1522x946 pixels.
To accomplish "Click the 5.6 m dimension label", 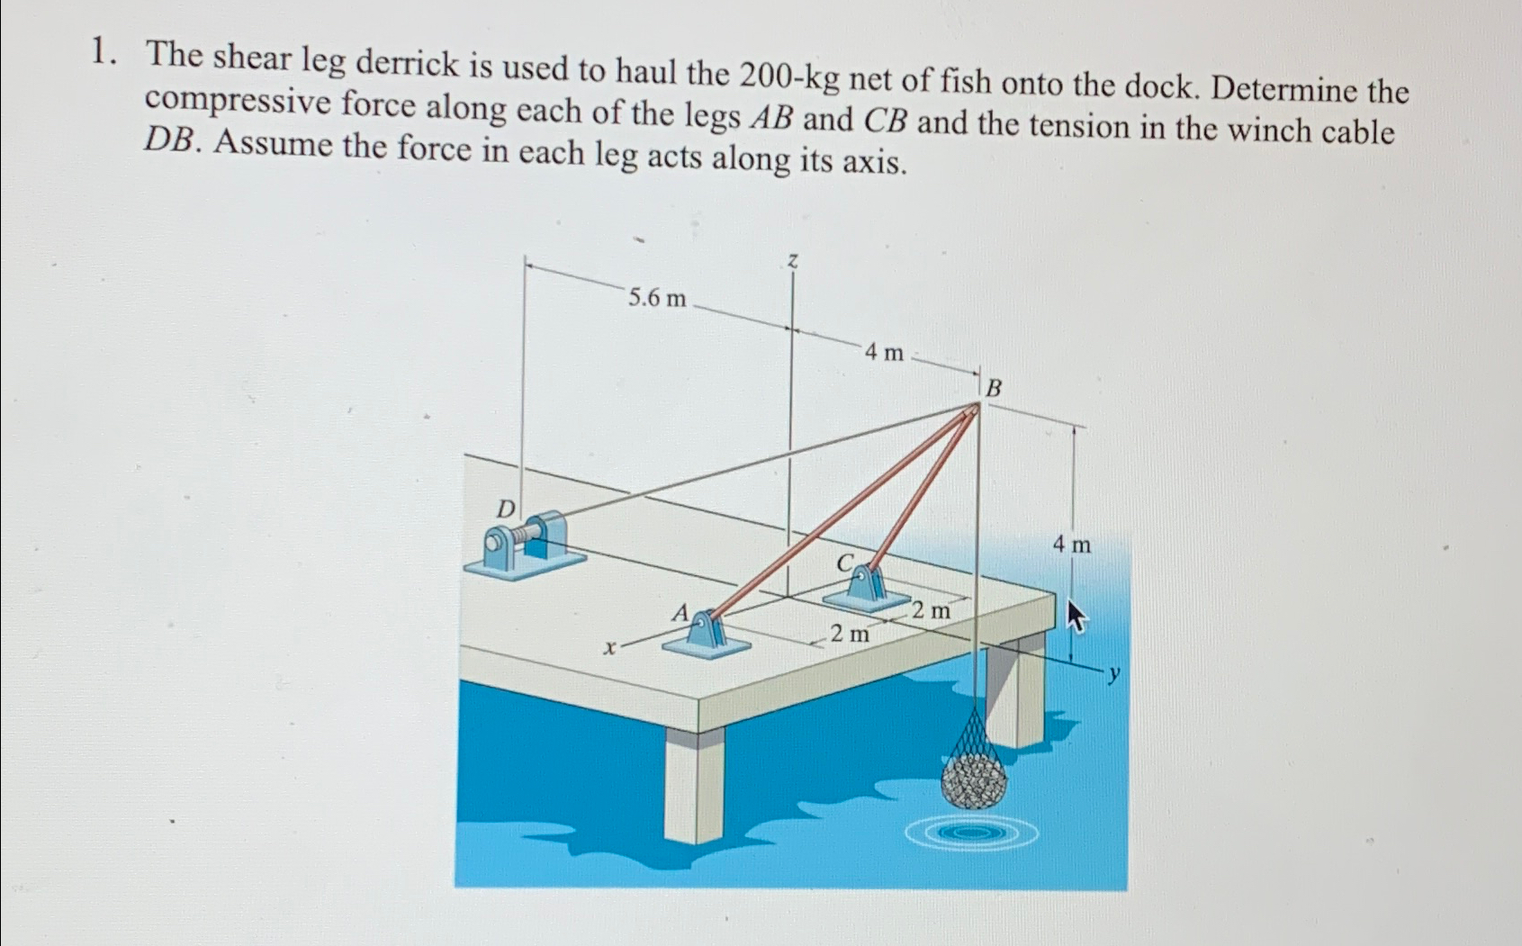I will pos(656,298).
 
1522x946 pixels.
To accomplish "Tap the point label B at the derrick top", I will pos(994,389).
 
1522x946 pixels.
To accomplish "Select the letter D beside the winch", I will pos(507,509).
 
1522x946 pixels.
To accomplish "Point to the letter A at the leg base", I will pos(681,614).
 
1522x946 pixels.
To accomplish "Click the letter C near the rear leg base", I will pos(844,563).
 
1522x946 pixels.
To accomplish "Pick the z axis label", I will pos(792,261).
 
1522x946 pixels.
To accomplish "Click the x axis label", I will pos(610,647).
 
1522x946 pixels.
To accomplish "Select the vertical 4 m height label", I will pos(1071,545).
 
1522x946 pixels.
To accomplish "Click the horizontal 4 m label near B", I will pos(884,354).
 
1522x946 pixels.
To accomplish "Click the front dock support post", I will pos(694,783).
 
